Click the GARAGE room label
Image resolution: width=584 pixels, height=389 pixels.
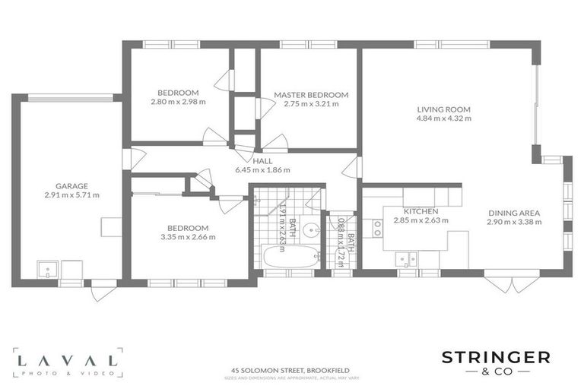(x=71, y=185)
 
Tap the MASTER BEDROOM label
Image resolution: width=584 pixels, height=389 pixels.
(x=311, y=95)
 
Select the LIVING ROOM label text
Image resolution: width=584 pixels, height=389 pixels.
(x=444, y=109)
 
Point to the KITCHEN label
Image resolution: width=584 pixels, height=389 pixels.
(x=421, y=211)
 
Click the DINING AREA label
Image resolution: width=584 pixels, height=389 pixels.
(x=513, y=213)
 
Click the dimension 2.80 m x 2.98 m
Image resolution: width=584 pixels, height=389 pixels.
(x=179, y=102)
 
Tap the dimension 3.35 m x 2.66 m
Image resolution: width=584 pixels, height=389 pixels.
(x=188, y=237)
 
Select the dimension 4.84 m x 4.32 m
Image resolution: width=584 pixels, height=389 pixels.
(x=444, y=119)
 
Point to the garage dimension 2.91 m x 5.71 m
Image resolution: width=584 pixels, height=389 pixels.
(x=71, y=195)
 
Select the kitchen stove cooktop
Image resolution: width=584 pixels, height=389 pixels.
(x=377, y=228)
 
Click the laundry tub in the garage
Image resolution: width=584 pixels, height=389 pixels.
(x=48, y=268)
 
